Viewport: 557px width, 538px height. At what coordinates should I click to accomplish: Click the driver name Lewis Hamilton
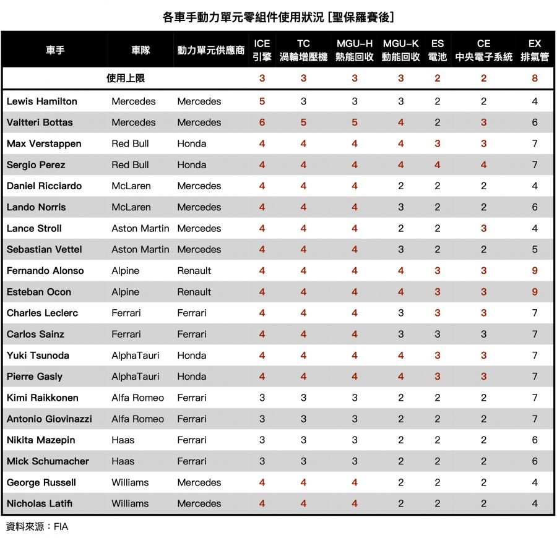pyautogui.click(x=42, y=101)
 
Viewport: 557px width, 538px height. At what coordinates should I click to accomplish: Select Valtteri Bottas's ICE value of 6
pyautogui.click(x=262, y=122)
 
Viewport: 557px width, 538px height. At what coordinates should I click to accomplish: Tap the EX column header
pyautogui.click(x=535, y=50)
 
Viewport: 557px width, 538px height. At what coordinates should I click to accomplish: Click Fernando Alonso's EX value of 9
pyautogui.click(x=535, y=271)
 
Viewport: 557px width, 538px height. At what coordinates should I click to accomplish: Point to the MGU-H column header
pyautogui.click(x=355, y=50)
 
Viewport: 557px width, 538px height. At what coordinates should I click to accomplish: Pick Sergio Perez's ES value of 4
pyautogui.click(x=438, y=165)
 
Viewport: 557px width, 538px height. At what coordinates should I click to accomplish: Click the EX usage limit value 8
pyautogui.click(x=535, y=79)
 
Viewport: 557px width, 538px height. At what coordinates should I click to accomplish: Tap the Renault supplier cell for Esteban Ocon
pyautogui.click(x=194, y=292)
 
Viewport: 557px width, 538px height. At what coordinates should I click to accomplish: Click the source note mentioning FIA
pyautogui.click(x=37, y=527)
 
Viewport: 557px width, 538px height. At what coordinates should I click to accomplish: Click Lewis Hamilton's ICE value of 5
pyautogui.click(x=262, y=101)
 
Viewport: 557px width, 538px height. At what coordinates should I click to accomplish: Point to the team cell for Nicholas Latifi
pyautogui.click(x=130, y=503)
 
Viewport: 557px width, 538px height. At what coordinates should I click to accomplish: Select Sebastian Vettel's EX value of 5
pyautogui.click(x=535, y=250)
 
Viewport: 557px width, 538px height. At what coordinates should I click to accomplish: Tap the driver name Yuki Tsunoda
pyautogui.click(x=38, y=356)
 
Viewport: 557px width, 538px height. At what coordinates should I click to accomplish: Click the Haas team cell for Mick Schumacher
pyautogui.click(x=123, y=461)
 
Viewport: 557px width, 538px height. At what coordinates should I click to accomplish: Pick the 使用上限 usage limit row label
pyautogui.click(x=126, y=79)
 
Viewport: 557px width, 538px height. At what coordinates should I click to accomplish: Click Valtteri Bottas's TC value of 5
pyautogui.click(x=303, y=122)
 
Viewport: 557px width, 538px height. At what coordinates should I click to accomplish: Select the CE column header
pyautogui.click(x=483, y=50)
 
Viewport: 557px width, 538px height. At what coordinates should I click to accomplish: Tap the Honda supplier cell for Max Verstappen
pyautogui.click(x=191, y=144)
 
